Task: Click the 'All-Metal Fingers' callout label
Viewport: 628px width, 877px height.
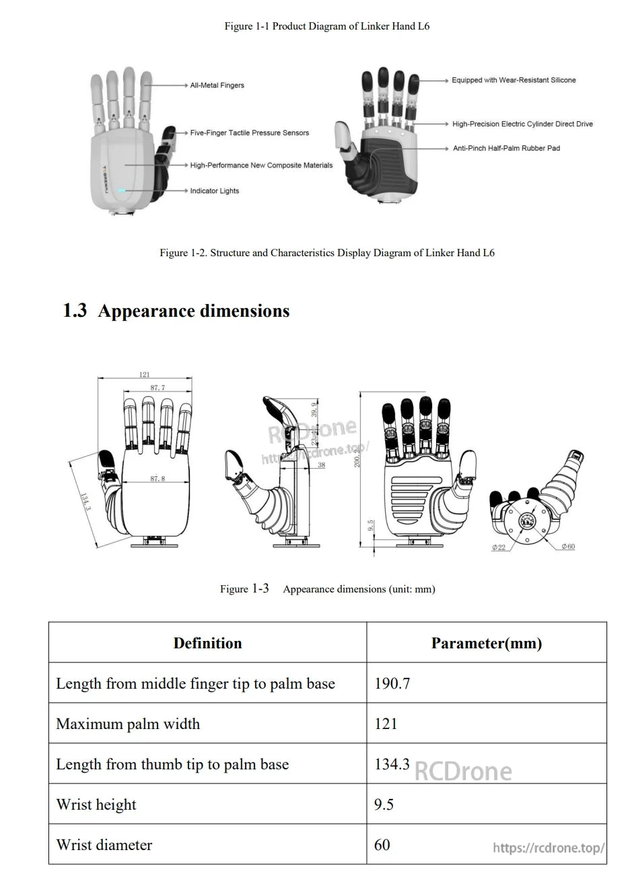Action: [x=217, y=85]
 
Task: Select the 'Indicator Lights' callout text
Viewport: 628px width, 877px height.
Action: [x=214, y=191]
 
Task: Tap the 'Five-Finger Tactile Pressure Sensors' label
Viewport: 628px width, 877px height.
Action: [x=249, y=133]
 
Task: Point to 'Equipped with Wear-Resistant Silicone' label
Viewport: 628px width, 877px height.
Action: [x=514, y=80]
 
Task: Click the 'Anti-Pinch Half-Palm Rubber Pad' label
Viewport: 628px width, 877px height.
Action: [x=506, y=148]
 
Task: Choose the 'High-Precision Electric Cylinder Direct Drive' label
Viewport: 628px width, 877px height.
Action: [x=522, y=124]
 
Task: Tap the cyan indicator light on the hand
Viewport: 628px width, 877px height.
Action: [x=122, y=191]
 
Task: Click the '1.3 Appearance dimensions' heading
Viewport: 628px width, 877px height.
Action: [x=176, y=311]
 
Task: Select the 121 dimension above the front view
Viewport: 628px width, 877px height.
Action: [x=145, y=375]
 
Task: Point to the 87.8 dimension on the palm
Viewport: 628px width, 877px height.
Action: [x=158, y=479]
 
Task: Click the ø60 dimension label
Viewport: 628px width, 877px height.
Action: [x=568, y=547]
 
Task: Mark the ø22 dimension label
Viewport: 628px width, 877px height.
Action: [x=498, y=547]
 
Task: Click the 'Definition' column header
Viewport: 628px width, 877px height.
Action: [x=207, y=643]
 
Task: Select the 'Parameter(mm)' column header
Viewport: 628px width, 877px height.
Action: [x=486, y=643]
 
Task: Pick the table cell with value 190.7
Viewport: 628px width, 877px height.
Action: [x=392, y=683]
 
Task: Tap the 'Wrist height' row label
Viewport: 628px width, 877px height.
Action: [x=96, y=804]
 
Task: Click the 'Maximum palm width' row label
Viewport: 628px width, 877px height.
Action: [x=128, y=724]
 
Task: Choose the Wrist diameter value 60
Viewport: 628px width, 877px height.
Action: [x=382, y=845]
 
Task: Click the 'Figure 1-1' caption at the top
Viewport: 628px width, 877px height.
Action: [x=326, y=26]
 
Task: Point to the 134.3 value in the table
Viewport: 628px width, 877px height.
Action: [x=392, y=764]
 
